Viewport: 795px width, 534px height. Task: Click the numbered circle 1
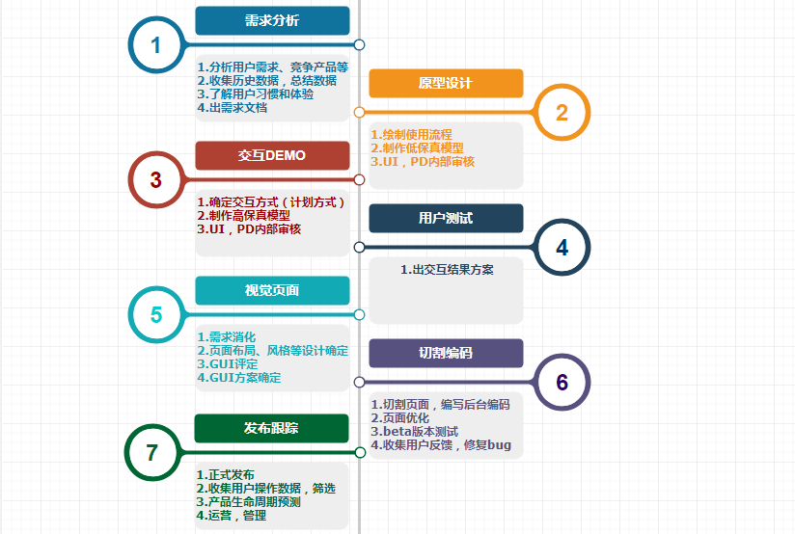click(156, 44)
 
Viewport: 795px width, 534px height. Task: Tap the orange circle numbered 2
click(562, 113)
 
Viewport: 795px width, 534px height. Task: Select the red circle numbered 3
click(156, 180)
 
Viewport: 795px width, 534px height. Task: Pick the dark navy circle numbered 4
click(562, 248)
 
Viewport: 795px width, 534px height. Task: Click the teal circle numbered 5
click(156, 315)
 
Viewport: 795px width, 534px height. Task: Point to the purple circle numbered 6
click(562, 383)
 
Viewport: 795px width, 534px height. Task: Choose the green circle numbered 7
click(152, 452)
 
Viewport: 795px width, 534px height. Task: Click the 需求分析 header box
click(272, 20)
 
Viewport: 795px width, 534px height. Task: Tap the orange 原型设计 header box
click(446, 83)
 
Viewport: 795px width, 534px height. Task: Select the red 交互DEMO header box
click(272, 155)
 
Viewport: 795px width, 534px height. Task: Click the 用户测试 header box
click(446, 218)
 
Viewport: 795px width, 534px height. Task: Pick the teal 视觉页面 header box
click(272, 290)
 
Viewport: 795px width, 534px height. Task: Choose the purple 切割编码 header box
click(446, 353)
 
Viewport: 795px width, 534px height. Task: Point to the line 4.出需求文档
click(233, 108)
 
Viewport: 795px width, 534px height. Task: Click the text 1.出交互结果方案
click(447, 270)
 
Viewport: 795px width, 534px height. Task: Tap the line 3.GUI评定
click(228, 364)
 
